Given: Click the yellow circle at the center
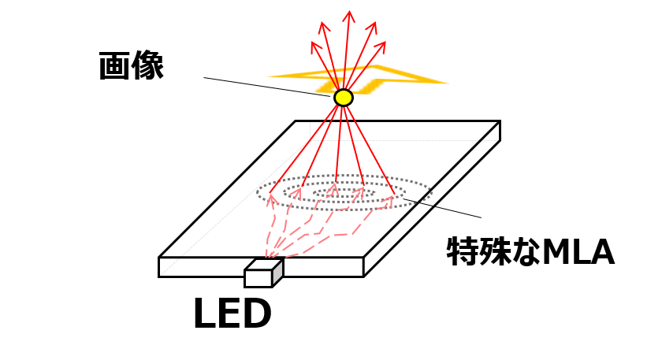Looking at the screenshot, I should pyautogui.click(x=343, y=98).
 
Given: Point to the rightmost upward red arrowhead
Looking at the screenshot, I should pyautogui.click(x=382, y=44).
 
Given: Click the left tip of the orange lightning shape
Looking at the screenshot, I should pyautogui.click(x=267, y=76).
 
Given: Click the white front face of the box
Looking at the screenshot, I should pyautogui.click(x=258, y=278).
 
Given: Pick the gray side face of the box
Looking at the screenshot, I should pyautogui.click(x=277, y=272).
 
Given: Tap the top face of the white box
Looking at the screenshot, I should pyautogui.click(x=264, y=265).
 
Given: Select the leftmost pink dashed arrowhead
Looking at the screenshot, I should pyautogui.click(x=271, y=199).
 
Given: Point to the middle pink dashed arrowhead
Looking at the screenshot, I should pyautogui.click(x=333, y=189).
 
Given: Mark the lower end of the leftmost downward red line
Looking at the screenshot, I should pyautogui.click(x=270, y=193).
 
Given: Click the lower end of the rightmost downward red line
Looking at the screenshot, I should pyautogui.click(x=394, y=193).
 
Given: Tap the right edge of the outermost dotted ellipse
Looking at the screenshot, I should pyautogui.click(x=431, y=191).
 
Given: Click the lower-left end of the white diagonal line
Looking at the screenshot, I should pyautogui.click(x=162, y=274).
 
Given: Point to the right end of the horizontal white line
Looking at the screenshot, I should pyautogui.click(x=496, y=140).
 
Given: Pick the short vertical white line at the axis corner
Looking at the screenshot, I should pyautogui.click(x=310, y=131).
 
